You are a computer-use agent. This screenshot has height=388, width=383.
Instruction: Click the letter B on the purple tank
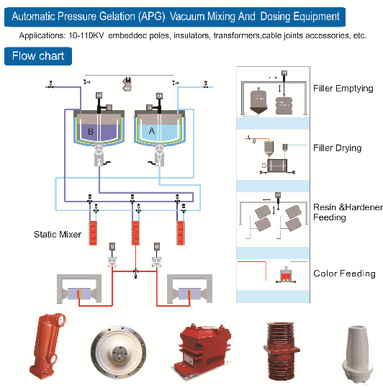(91, 132)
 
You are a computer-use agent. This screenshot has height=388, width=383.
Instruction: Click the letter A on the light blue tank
(152, 131)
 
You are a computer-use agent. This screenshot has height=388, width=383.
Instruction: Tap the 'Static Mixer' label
(58, 235)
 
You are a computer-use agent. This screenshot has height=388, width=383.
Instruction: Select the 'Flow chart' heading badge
(38, 56)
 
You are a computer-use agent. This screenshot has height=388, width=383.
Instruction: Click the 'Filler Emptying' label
(343, 89)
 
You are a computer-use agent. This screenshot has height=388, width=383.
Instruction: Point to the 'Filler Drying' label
(337, 148)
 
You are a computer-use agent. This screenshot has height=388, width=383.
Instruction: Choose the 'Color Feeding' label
(344, 274)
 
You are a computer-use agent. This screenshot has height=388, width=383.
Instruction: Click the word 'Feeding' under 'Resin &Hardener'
(330, 217)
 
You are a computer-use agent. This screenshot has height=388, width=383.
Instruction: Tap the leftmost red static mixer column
(93, 233)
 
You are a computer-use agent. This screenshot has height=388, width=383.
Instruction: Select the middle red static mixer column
(135, 233)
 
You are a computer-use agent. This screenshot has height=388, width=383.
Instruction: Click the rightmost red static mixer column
(181, 233)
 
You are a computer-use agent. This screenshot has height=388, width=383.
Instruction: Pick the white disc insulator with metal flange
(118, 351)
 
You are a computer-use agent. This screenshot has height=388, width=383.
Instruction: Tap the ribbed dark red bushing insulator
(281, 351)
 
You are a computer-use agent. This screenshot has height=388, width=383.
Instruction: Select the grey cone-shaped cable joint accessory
(357, 353)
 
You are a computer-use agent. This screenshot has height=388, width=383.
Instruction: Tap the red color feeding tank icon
(286, 276)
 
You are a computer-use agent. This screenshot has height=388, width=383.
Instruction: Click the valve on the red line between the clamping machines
(135, 271)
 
